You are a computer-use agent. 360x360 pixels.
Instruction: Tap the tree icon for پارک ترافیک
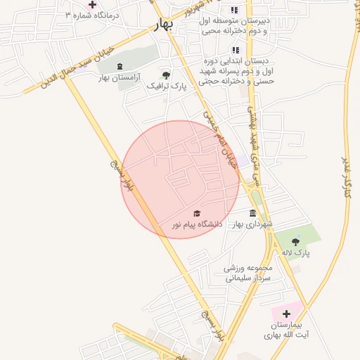[166, 75]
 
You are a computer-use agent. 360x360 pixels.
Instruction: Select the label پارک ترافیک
[167, 86]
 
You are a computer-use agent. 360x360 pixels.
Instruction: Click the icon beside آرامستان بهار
[119, 66]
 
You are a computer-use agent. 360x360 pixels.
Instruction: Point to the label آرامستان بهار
[119, 77]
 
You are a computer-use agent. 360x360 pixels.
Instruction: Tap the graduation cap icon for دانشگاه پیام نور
[197, 213]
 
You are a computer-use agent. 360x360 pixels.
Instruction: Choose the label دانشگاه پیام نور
[198, 224]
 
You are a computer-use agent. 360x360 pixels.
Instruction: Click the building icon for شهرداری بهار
[253, 213]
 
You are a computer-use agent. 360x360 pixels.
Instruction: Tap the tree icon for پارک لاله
[304, 241]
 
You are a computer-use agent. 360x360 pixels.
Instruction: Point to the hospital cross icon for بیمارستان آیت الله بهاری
[285, 314]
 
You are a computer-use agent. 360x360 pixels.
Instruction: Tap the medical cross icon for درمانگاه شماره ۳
[92, 4]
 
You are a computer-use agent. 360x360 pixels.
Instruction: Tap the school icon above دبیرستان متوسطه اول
[235, 10]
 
